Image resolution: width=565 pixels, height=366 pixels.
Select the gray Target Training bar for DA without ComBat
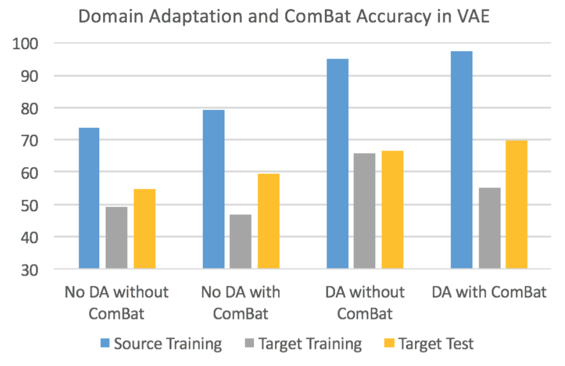364,211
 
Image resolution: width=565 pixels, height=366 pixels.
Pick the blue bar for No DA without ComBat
89,198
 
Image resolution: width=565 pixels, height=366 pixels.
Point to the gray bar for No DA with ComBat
240,241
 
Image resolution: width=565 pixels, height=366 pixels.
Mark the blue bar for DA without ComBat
337,163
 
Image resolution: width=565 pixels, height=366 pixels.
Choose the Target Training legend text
310,344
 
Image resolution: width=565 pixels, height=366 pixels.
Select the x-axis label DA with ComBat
489,293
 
